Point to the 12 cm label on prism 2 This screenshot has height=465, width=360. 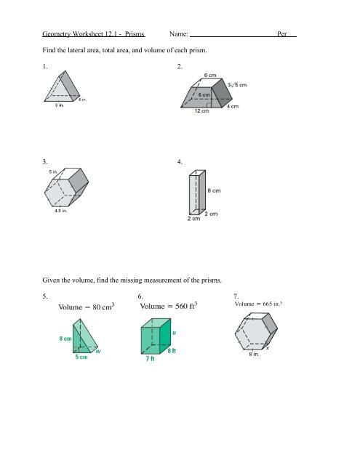(202, 112)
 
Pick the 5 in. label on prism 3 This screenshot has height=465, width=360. (54, 172)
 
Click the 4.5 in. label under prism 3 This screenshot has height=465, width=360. (60, 211)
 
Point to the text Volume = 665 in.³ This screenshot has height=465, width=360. (261, 304)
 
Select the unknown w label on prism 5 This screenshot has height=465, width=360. (97, 353)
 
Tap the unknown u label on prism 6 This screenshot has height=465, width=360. (174, 335)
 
